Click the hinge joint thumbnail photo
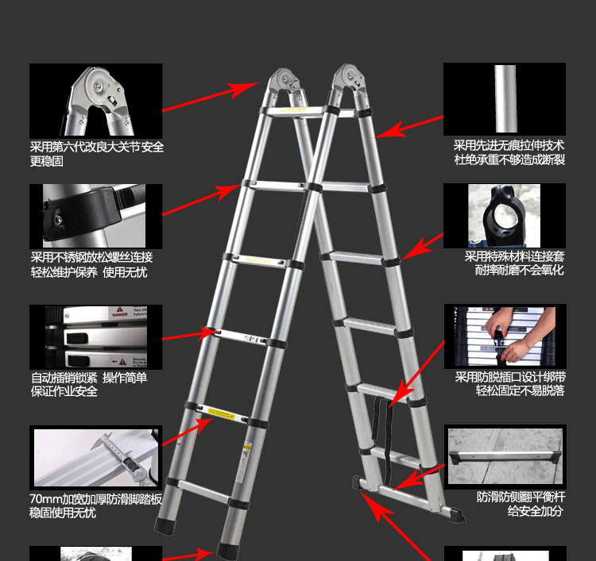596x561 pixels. [96, 101]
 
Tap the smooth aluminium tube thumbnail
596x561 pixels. [505, 99]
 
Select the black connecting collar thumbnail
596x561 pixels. [505, 216]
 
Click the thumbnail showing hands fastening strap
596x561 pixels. [505, 336]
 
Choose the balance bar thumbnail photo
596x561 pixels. [505, 456]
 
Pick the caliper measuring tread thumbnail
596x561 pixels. [96, 457]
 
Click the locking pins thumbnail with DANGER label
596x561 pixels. [96, 337]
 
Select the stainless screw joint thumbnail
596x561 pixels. [96, 217]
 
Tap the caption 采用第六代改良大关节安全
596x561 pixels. [97, 147]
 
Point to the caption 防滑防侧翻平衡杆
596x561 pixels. [521, 498]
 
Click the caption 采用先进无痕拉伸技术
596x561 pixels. [509, 145]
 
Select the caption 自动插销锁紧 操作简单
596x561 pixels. [89, 378]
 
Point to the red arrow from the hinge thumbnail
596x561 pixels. [211, 97]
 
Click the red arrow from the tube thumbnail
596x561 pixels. [408, 127]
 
